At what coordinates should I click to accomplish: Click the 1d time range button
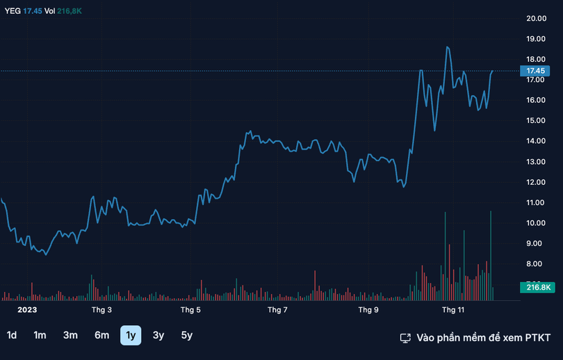click(x=12, y=335)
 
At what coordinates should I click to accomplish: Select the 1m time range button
click(x=40, y=335)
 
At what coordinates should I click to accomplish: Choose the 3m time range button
click(x=70, y=335)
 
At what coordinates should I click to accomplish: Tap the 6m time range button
click(x=101, y=335)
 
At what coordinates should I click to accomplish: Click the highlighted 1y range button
click(x=131, y=335)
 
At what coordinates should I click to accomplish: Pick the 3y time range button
click(x=158, y=335)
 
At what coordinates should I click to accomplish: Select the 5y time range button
click(x=186, y=335)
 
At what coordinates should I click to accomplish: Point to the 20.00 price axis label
click(x=535, y=19)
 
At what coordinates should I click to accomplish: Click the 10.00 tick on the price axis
click(x=535, y=223)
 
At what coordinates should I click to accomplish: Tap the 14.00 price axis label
click(x=535, y=141)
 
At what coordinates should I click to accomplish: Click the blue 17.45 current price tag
click(x=535, y=71)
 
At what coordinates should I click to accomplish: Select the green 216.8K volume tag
click(x=535, y=287)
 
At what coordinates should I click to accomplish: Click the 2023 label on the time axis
click(x=27, y=309)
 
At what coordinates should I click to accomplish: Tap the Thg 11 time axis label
click(x=453, y=309)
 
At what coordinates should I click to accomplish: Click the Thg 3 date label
click(x=101, y=309)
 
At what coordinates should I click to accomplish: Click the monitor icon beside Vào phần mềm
click(x=405, y=338)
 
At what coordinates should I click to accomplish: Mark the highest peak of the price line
click(x=448, y=47)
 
